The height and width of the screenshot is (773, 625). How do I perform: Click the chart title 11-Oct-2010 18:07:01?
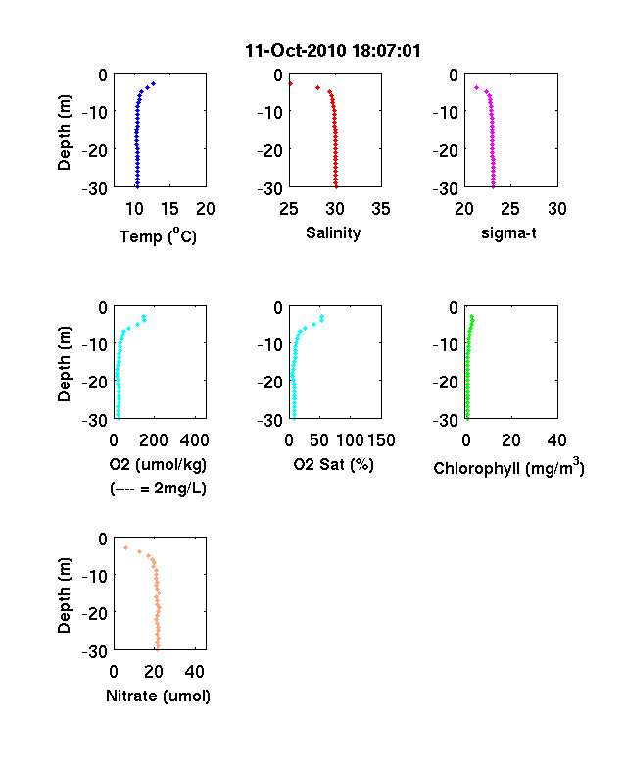click(333, 51)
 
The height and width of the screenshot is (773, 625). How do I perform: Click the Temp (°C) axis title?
click(158, 236)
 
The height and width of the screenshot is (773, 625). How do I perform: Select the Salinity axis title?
click(333, 232)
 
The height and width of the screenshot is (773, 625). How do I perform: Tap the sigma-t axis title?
click(508, 232)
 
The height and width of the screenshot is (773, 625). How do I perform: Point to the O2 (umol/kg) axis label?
click(158, 464)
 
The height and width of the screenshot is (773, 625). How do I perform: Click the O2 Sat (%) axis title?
click(334, 464)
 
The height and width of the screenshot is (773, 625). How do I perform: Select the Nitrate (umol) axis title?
click(158, 696)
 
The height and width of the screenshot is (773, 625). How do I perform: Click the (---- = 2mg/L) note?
click(158, 489)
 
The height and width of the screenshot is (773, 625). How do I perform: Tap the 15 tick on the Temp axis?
click(169, 209)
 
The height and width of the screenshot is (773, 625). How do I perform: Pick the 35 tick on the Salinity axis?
click(381, 209)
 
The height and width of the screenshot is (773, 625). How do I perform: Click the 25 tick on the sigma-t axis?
click(509, 209)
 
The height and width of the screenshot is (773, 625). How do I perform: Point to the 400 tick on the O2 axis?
click(194, 440)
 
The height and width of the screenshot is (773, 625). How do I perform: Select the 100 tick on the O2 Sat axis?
click(350, 440)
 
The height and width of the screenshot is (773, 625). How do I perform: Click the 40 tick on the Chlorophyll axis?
click(556, 440)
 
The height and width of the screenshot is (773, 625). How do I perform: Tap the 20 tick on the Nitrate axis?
click(154, 671)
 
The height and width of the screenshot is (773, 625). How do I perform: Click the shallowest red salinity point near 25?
click(290, 84)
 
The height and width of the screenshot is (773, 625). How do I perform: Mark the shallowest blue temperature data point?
click(154, 83)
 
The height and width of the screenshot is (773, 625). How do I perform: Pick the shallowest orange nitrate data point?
click(126, 547)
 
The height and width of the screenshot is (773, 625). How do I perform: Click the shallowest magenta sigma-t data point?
click(476, 87)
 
